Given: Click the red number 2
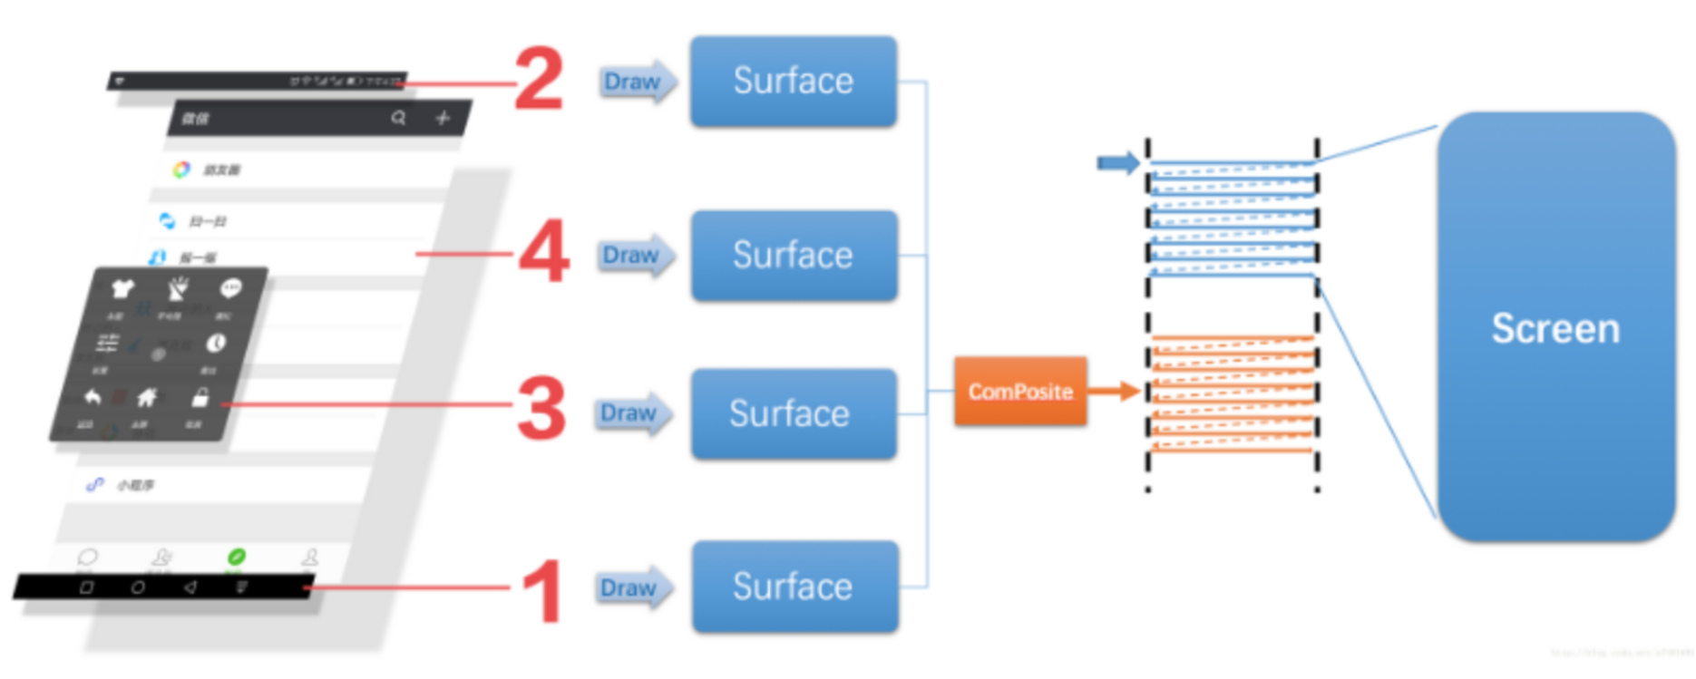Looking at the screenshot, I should coord(539,79).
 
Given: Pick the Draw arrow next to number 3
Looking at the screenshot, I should coord(633,413).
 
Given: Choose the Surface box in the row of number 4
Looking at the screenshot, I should coord(794,256).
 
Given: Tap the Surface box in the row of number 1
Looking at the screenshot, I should coord(794,587).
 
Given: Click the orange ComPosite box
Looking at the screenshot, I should coord(1020,392).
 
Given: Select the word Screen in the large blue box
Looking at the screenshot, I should coord(1555,328).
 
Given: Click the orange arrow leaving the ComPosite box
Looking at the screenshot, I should coord(1114,392).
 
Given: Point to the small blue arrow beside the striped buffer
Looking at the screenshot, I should coord(1117,163).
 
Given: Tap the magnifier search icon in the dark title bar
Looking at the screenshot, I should coord(398,118).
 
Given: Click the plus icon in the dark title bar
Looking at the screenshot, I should coord(443,118).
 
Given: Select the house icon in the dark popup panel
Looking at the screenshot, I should coord(146,397).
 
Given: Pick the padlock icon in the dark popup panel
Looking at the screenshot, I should coord(200,397).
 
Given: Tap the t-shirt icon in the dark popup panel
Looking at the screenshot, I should coord(122,289).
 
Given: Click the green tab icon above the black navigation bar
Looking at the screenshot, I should coord(236,556).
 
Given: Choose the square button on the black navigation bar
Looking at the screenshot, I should coord(86,587).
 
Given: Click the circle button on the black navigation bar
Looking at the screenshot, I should coord(138,587).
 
